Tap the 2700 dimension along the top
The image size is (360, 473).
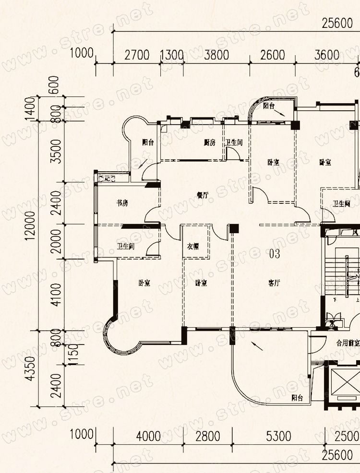coord(137,55)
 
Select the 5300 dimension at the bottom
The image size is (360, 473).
coord(278,436)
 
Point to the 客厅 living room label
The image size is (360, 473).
coord(274,283)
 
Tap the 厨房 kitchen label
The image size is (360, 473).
coord(209,142)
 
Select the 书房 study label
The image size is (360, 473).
coord(122,203)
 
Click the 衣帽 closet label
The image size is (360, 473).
coord(193,247)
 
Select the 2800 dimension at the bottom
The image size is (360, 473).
coord(208,436)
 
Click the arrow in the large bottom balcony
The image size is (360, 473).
coord(257,346)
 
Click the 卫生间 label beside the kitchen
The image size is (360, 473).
coord(235,142)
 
